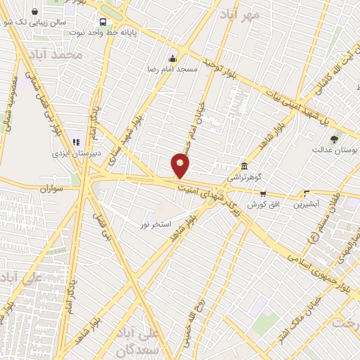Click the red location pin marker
[x=181, y=165]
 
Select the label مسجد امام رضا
[x=173, y=70]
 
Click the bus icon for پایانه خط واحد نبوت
[x=103, y=22]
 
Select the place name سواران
[x=53, y=188]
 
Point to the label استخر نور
[x=155, y=223]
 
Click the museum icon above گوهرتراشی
[x=244, y=166]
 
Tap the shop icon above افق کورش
[x=263, y=193]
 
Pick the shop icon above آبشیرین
[x=306, y=193]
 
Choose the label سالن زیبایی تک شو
[x=42, y=22]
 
